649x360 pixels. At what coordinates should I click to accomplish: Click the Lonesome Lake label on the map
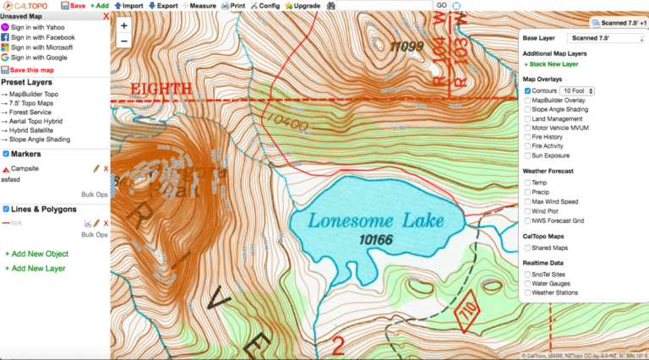(376, 221)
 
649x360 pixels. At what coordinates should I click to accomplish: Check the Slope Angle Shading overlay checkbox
(528, 110)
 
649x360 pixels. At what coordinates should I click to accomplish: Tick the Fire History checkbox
(528, 137)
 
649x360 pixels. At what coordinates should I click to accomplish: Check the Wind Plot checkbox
(528, 211)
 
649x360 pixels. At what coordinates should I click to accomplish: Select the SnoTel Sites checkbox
(528, 275)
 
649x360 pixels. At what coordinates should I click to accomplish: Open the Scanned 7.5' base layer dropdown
(603, 38)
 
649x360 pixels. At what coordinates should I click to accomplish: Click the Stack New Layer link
(554, 63)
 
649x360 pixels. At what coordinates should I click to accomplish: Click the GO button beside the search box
(441, 5)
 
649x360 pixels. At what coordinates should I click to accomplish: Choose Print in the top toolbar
(233, 5)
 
